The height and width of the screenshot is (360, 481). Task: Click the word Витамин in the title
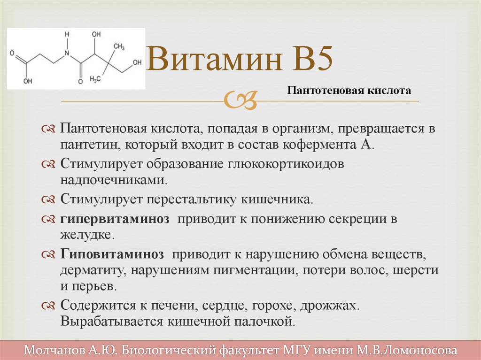pyautogui.click(x=214, y=59)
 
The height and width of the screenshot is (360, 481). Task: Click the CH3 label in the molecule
pyautogui.click(x=119, y=46)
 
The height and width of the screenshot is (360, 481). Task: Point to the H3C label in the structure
pyautogui.click(x=95, y=79)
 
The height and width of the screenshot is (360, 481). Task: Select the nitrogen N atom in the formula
pyautogui.click(x=67, y=54)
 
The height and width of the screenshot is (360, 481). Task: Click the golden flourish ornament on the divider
pyautogui.click(x=240, y=100)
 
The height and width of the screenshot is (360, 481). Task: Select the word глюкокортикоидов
pyautogui.click(x=286, y=164)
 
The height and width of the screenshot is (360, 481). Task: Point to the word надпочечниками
pyautogui.click(x=114, y=180)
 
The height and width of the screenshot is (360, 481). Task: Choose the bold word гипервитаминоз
pyautogui.click(x=115, y=219)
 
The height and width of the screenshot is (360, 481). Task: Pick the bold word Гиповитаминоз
pyautogui.click(x=112, y=254)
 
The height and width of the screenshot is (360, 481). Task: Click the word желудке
pyautogui.click(x=87, y=235)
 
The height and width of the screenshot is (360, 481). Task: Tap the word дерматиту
pyautogui.click(x=93, y=270)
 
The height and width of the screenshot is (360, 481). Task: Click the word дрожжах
pyautogui.click(x=329, y=306)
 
